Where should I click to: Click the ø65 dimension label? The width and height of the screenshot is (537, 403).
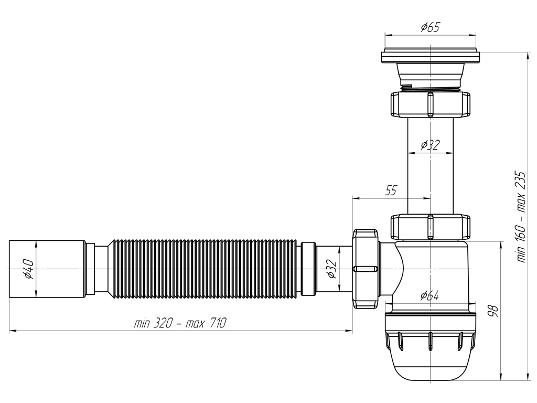(429, 27)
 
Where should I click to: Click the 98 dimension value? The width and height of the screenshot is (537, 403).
(492, 311)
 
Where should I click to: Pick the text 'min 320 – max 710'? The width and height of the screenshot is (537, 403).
(180, 323)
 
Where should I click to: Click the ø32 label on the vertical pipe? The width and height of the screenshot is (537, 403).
(430, 145)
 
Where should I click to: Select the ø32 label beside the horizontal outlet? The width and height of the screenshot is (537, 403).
(331, 269)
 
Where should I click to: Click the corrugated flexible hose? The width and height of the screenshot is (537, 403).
(205, 268)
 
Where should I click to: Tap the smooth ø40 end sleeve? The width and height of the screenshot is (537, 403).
(47, 268)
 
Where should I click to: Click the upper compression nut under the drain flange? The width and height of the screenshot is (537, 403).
(429, 104)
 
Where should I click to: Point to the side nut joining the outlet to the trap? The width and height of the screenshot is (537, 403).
(366, 269)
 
